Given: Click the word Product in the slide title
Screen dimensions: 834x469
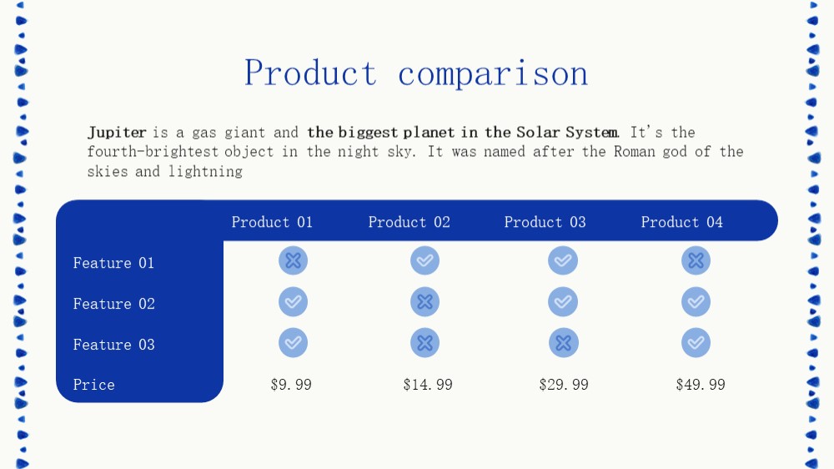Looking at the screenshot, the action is click(x=310, y=73).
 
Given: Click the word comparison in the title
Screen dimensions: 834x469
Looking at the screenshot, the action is click(x=493, y=74).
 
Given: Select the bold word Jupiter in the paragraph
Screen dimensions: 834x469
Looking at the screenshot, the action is click(x=117, y=132).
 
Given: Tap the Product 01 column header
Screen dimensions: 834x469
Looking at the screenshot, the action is click(x=272, y=222).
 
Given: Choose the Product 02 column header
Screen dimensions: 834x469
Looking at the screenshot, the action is click(x=409, y=222).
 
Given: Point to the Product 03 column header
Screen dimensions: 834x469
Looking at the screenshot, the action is click(x=545, y=222).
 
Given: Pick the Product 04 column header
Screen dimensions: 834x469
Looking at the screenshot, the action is click(x=682, y=222).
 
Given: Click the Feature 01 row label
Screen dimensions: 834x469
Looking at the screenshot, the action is click(x=113, y=263).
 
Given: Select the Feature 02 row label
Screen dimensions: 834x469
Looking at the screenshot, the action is click(x=113, y=304).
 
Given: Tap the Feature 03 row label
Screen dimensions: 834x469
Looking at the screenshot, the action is click(x=113, y=345).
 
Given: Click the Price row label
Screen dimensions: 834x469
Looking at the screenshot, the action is click(x=93, y=385).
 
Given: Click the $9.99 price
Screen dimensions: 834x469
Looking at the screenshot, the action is click(x=291, y=385).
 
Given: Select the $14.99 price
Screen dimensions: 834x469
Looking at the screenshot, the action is click(x=428, y=385).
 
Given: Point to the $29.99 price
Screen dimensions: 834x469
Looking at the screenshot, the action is click(x=564, y=385).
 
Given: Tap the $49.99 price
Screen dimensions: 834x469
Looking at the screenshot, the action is click(x=701, y=385).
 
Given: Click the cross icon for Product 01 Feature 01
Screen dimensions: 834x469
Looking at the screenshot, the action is click(x=293, y=260).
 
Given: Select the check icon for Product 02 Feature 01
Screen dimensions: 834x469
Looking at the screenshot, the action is click(x=425, y=260).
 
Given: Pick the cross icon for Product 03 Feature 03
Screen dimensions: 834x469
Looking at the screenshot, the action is click(x=564, y=343).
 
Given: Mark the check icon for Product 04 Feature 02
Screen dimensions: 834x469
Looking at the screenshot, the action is click(x=696, y=302).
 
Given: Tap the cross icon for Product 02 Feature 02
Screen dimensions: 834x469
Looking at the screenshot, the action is click(x=425, y=302).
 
